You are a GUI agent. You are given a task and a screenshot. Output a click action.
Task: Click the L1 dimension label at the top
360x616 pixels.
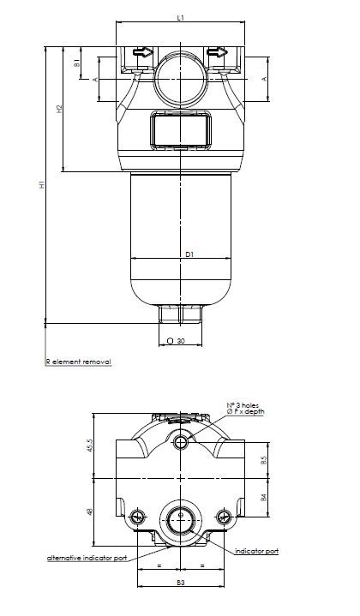click(180, 17)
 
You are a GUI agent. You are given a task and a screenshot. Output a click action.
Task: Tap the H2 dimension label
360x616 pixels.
click(59, 109)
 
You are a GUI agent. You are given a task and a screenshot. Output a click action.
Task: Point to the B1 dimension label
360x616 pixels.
click(77, 63)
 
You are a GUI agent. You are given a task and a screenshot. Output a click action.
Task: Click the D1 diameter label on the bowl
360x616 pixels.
click(189, 254)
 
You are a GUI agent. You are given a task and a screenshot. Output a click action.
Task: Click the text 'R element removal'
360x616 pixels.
click(78, 362)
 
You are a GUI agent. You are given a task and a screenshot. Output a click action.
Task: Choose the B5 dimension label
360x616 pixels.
click(265, 460)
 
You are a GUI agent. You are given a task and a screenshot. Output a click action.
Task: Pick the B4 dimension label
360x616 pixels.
click(265, 496)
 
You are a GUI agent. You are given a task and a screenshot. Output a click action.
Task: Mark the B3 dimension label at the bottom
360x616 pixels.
click(180, 583)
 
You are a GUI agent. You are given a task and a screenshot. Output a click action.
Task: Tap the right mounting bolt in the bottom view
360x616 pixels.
click(225, 517)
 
